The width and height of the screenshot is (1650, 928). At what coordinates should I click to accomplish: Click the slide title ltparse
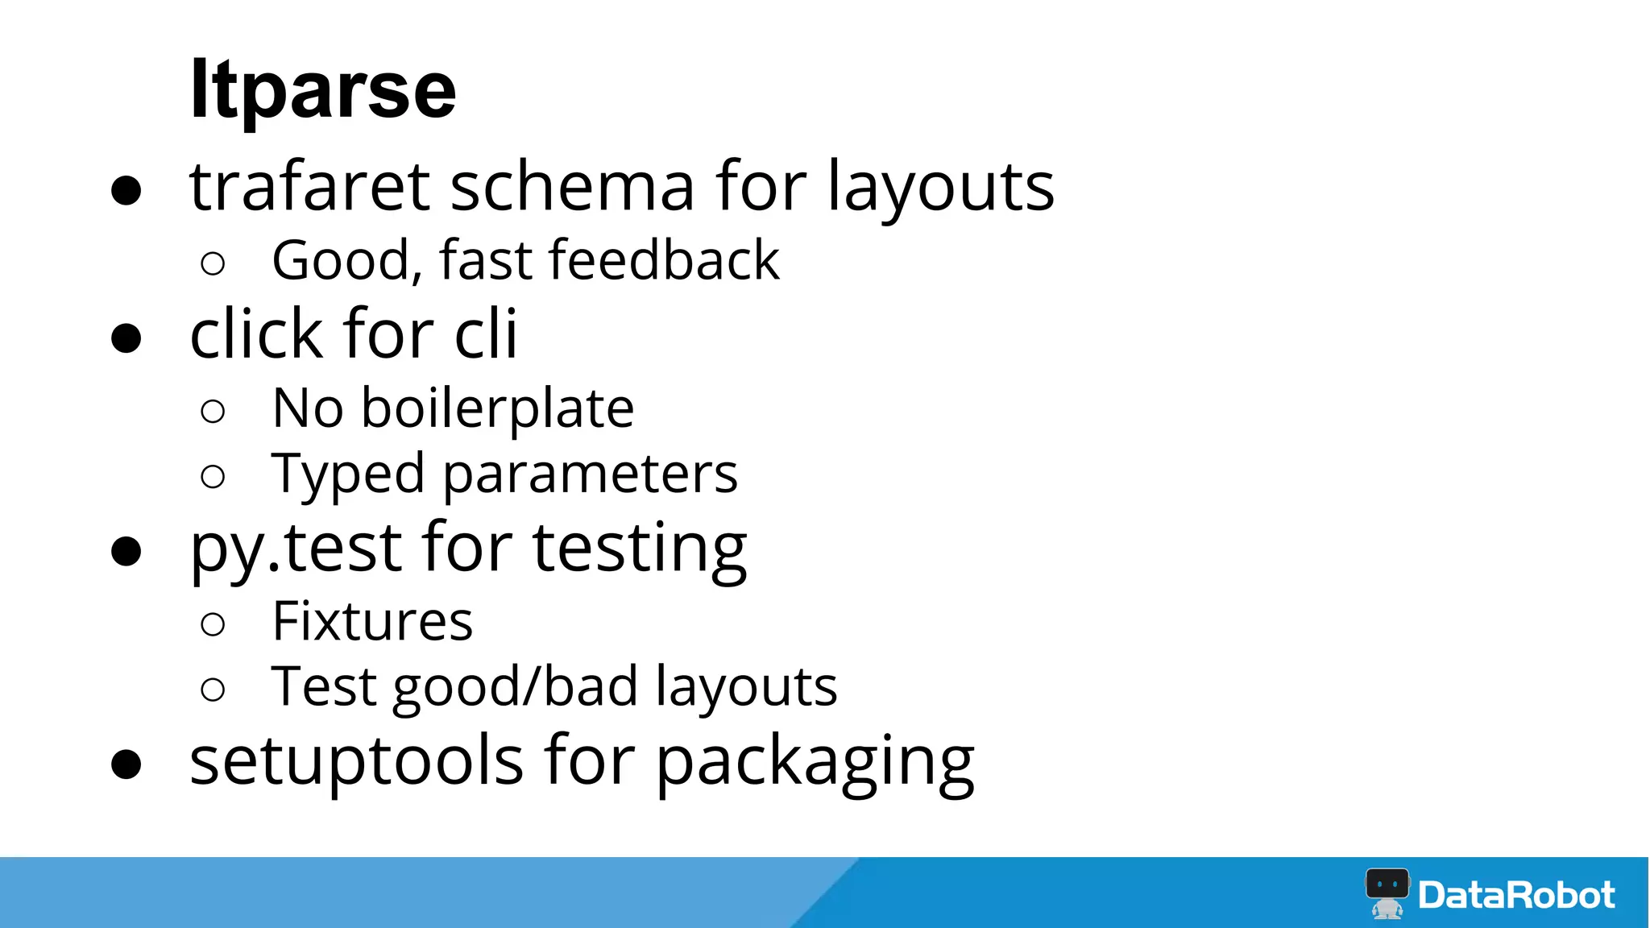[322, 90]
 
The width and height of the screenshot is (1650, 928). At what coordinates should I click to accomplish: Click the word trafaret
[309, 187]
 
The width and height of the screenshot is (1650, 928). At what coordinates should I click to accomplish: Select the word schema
[572, 187]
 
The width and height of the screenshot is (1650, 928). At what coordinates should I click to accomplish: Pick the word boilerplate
[497, 409]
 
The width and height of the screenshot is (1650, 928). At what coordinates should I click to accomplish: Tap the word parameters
[590, 475]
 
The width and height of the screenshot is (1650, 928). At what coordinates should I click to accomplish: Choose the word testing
[640, 550]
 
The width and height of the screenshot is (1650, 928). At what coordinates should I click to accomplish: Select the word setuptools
[357, 761]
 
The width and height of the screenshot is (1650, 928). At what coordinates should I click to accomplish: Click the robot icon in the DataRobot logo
[1387, 893]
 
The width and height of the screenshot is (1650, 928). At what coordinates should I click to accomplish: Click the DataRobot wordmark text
[1516, 895]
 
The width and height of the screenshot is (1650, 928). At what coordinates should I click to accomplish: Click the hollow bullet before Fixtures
[213, 623]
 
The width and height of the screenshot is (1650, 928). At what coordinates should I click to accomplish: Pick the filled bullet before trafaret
[126, 191]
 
